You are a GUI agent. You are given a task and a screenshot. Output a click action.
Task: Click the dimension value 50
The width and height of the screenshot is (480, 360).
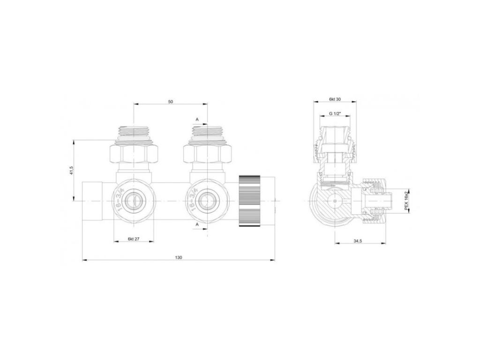pyautogui.click(x=170, y=101)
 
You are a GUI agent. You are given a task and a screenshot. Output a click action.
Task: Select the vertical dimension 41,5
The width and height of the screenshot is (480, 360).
pyautogui.click(x=70, y=170)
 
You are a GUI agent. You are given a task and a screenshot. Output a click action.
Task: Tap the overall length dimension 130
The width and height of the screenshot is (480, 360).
pyautogui.click(x=179, y=257)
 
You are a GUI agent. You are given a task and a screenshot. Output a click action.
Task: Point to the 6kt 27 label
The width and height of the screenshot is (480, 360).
pyautogui.click(x=134, y=239)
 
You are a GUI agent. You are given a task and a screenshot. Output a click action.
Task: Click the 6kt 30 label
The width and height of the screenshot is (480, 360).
pyautogui.click(x=334, y=99)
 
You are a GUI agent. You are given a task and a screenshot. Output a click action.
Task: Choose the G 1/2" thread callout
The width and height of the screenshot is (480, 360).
pyautogui.click(x=334, y=113)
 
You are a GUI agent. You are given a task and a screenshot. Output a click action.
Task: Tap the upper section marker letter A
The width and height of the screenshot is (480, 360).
pyautogui.click(x=197, y=120)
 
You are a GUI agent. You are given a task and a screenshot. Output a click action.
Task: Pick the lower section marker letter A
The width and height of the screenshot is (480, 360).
pyautogui.click(x=197, y=225)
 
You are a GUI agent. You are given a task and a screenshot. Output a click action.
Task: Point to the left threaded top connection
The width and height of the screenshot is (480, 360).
pyautogui.click(x=134, y=133)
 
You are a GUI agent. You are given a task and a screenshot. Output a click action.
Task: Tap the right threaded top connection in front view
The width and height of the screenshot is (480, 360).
pyautogui.click(x=206, y=133)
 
